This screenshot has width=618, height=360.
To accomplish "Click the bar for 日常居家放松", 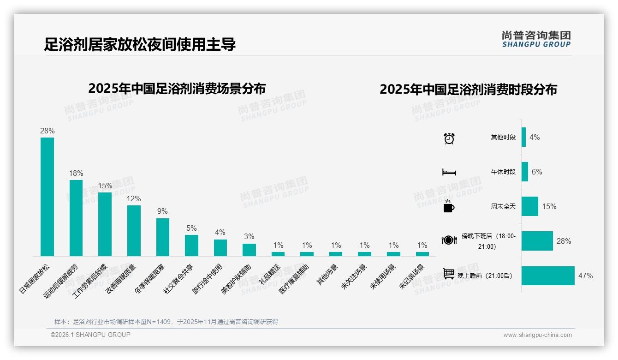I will pyautogui.click(x=47, y=197).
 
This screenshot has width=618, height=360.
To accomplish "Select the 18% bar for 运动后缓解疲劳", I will pyautogui.click(x=76, y=218).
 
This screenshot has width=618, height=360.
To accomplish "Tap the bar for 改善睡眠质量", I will pyautogui.click(x=134, y=230).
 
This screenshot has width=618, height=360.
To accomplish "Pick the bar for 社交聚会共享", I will pyautogui.click(x=191, y=245).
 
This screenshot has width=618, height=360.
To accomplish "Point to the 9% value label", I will pyautogui.click(x=162, y=211).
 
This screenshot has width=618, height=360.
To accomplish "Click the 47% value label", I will pyautogui.click(x=585, y=276).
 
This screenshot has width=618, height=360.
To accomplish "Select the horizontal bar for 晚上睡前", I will pyautogui.click(x=548, y=276).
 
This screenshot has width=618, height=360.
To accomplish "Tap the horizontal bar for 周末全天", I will pyautogui.click(x=530, y=206).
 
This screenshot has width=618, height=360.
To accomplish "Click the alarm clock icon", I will pyautogui.click(x=449, y=138).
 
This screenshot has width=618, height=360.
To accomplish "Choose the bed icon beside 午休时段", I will pyautogui.click(x=449, y=172).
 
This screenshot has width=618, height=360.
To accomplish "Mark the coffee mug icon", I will pyautogui.click(x=449, y=206).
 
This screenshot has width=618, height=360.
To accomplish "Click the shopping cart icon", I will pyautogui.click(x=449, y=274).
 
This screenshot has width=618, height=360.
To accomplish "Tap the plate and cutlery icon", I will pyautogui.click(x=449, y=240).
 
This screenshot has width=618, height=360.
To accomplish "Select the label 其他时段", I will pyautogui.click(x=503, y=138).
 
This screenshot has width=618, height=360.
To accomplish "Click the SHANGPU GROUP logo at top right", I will pyautogui.click(x=536, y=39).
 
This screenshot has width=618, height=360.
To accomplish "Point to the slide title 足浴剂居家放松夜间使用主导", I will pyautogui.click(x=140, y=45).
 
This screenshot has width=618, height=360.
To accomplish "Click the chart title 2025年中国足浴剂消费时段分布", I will pyautogui.click(x=468, y=90).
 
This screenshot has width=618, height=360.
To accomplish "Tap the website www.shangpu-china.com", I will pyautogui.click(x=537, y=335).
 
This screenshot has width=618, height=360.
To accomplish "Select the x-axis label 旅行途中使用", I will pyautogui.click(x=208, y=279).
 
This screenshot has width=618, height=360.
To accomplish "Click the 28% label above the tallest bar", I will pyautogui.click(x=47, y=131).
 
